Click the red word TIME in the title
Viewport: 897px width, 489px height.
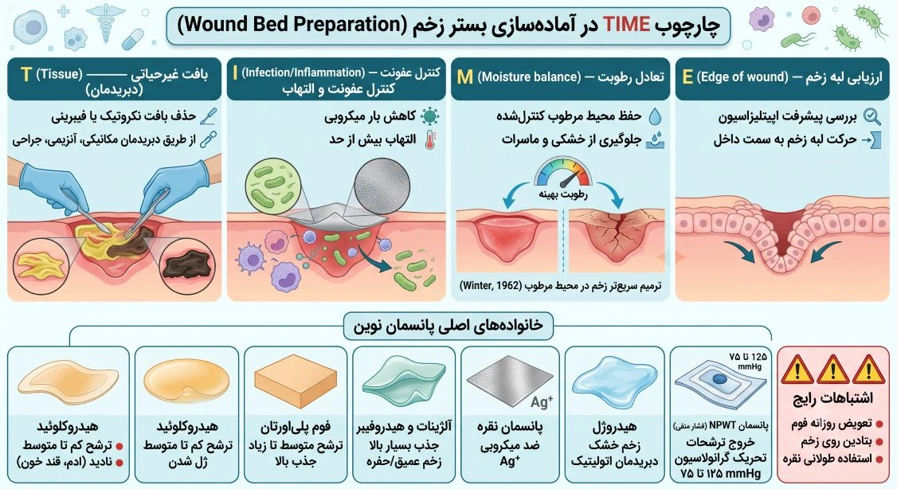(x=626, y=24)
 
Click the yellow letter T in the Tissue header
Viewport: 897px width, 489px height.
(x=25, y=74)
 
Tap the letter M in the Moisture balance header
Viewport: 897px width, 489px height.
(x=465, y=76)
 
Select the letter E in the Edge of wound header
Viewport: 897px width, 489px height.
(x=687, y=76)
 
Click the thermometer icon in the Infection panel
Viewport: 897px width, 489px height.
(x=430, y=140)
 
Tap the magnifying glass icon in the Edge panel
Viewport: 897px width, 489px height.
(x=872, y=116)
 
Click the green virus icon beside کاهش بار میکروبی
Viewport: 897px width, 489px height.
(x=429, y=116)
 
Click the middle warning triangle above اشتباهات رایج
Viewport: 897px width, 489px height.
(x=832, y=370)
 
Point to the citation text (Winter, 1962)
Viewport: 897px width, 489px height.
(x=490, y=286)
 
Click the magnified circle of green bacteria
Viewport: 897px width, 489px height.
(x=272, y=187)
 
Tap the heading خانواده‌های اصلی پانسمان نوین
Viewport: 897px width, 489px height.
(x=448, y=326)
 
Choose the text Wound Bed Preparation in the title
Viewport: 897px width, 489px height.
(x=292, y=25)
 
